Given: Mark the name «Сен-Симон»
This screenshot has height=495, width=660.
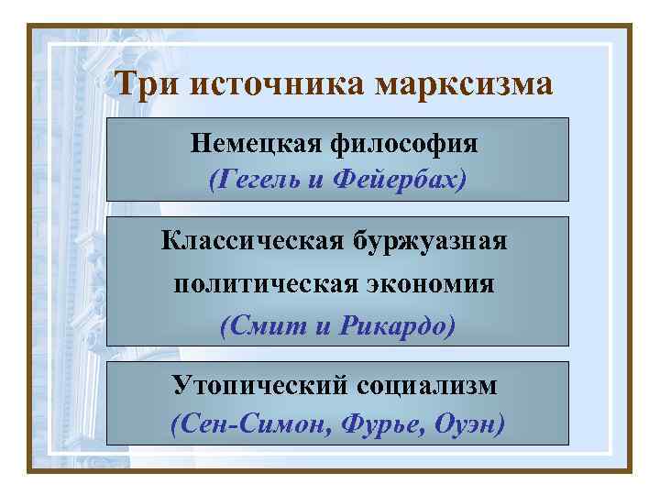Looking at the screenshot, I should (238, 425).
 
